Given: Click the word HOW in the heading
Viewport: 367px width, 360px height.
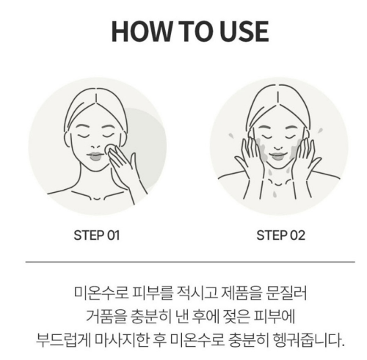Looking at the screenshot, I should (134, 30).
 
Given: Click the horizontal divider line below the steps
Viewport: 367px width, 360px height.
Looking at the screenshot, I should (183, 260).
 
